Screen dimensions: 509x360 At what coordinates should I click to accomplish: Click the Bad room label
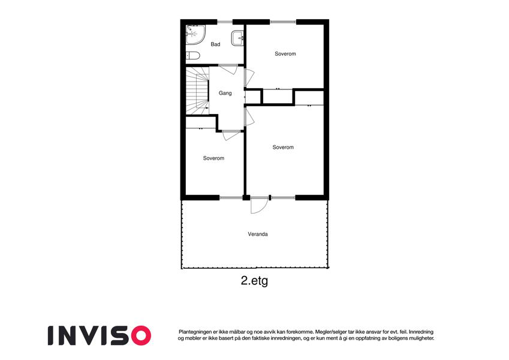215,44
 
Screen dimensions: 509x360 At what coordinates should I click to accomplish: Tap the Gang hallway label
225,93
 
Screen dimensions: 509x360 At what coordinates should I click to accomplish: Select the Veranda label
258,234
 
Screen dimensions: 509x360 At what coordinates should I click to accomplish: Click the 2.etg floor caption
254,280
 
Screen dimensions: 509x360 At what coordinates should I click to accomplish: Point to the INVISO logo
100,335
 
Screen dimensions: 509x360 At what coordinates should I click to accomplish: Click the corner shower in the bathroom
195,35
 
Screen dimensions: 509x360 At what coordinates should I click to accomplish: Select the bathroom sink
237,38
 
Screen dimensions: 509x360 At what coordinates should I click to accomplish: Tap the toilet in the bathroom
192,56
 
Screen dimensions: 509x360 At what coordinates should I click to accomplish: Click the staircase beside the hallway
197,91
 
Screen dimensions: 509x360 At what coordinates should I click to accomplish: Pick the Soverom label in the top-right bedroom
285,54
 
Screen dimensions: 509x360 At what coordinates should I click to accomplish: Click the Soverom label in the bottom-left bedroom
213,158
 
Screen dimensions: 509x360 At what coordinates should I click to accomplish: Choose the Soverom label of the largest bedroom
283,147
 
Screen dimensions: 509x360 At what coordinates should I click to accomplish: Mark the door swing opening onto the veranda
260,205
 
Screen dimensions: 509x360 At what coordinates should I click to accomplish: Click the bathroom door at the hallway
228,69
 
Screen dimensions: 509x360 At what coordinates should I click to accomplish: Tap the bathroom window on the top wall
225,22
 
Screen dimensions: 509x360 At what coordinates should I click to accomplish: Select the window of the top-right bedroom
283,22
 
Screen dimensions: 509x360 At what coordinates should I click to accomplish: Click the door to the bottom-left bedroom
231,135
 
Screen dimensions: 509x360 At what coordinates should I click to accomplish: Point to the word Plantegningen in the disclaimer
194,332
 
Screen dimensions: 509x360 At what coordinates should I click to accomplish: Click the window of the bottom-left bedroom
231,197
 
